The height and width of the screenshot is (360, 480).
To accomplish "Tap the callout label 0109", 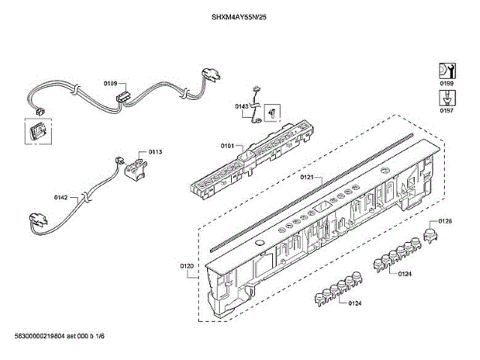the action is pos(109,84).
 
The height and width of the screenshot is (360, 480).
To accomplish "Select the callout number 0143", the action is pos(241,107).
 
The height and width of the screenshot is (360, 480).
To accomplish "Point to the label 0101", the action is pos(227,145).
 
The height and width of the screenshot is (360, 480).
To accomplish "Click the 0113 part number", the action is pos(154,152).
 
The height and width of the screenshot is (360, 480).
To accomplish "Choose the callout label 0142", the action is pos(61,197).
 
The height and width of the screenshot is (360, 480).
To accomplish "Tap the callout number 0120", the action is pos(187,267).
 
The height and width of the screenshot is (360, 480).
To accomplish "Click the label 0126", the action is pos(445,220).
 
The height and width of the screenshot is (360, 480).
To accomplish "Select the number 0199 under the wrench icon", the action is pos(446,82).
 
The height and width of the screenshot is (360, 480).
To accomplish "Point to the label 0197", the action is pos(446,110).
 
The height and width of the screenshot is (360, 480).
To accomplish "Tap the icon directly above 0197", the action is pos(445,97).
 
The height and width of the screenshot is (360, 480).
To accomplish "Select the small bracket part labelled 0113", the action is pos(136,166).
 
